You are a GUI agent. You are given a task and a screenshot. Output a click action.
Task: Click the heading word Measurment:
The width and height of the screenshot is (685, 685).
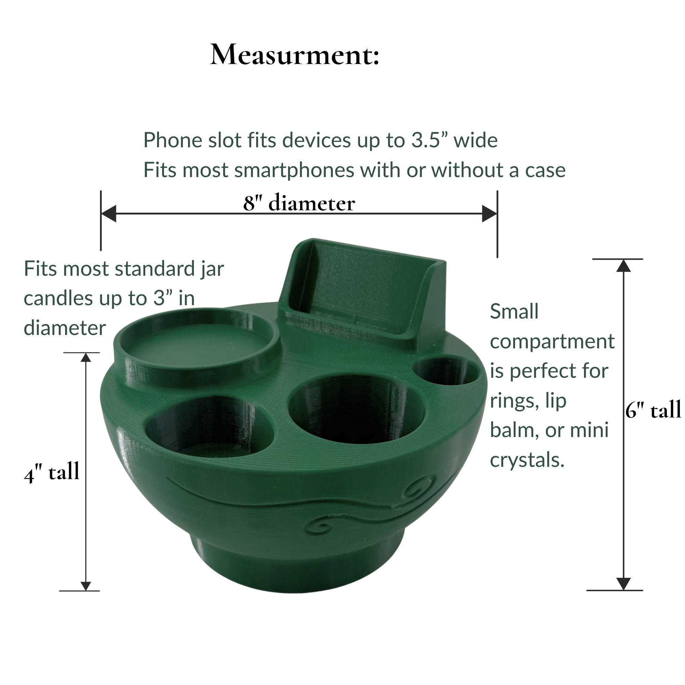pos(295,55)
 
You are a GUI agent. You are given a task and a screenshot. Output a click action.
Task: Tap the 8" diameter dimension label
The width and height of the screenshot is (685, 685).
pos(299,203)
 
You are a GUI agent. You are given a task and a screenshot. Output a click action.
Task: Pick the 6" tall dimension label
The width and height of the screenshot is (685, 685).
pos(653,410)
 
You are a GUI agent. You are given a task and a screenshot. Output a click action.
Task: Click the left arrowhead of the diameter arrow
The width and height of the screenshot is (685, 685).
pos(109,213)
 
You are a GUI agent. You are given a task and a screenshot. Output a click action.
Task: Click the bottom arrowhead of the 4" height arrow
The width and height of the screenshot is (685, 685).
pos(86,586)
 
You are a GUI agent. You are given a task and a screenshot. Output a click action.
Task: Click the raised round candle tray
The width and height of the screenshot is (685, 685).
pos(197,342)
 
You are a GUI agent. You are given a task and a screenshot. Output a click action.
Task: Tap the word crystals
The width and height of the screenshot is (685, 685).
pos(527,460)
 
